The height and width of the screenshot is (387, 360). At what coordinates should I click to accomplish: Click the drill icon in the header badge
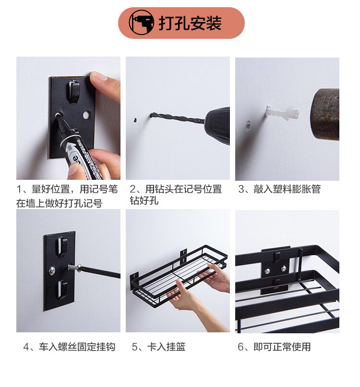141,23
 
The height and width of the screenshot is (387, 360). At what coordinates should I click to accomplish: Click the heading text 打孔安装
190,23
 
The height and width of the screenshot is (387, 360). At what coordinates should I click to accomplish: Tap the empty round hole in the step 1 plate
86,115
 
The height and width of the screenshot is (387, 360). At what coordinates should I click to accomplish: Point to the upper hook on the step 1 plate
73,91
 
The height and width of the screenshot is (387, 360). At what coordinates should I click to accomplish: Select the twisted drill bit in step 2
178,118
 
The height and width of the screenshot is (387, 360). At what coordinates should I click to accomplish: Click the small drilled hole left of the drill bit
135,120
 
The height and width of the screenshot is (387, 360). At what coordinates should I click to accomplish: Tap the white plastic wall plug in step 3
282,113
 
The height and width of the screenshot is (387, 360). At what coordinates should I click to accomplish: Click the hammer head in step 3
324,115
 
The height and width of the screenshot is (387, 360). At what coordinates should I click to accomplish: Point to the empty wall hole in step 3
248,125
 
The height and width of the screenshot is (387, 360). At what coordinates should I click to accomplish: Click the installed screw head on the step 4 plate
52,271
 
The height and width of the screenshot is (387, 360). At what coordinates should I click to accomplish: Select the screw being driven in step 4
74,267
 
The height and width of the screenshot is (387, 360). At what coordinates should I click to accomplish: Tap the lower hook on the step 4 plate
62,289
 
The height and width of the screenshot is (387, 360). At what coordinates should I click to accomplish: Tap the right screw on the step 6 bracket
284,268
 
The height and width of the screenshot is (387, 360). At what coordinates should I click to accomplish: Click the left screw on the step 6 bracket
267,272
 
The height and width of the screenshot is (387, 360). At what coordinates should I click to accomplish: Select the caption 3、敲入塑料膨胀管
279,189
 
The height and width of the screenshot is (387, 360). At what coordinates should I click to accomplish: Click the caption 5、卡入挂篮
158,347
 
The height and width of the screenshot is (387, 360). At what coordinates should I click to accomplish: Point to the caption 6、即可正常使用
274,347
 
